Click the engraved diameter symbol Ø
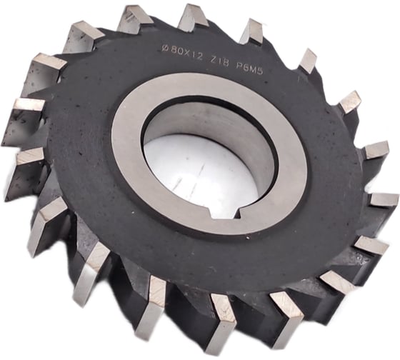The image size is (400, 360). [165, 48]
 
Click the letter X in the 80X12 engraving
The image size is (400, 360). [186, 53]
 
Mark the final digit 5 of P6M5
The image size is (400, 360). [259, 72]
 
